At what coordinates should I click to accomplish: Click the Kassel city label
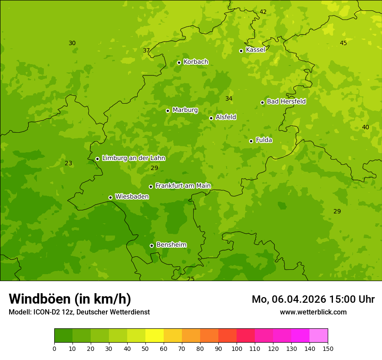(255, 50)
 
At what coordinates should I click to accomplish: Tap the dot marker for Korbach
(179, 62)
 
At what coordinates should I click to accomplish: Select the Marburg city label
(185, 110)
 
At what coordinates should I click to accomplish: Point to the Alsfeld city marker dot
(211, 118)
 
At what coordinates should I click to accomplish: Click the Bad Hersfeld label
(286, 101)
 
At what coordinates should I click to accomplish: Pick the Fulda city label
(264, 140)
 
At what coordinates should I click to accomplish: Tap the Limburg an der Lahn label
(133, 158)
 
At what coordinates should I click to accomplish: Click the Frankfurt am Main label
(183, 186)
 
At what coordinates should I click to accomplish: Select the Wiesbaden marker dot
(110, 197)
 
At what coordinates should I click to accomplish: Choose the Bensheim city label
(171, 245)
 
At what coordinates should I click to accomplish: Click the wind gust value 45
(343, 43)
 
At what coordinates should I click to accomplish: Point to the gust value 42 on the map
(263, 12)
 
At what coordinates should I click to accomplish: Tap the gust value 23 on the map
(69, 163)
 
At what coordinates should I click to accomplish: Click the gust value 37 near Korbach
(146, 50)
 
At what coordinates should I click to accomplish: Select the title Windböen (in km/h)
(70, 299)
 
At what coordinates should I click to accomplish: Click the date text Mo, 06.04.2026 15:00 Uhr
(313, 299)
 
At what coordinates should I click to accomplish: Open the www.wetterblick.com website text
(313, 312)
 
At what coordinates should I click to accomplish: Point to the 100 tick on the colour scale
(237, 348)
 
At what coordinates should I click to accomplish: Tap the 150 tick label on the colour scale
(328, 348)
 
